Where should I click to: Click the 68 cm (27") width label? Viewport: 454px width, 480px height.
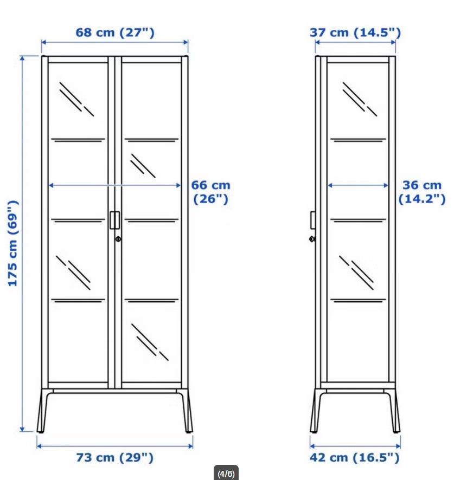115,33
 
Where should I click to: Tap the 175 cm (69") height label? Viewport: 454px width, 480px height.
13,243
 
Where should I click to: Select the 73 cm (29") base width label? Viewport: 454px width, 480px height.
114,458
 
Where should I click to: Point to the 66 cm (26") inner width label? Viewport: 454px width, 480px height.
210,192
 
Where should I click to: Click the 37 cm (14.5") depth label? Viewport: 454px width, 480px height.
355,33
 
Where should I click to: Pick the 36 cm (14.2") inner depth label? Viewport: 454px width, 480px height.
422,192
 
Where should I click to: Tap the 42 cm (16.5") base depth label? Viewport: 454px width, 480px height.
355,458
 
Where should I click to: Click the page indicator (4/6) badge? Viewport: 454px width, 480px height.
226,473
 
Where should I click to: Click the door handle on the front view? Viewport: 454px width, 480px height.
115,220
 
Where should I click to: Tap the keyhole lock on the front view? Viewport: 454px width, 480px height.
118,239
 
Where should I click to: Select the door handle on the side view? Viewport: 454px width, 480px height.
313,220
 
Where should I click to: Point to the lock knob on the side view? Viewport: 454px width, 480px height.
312,239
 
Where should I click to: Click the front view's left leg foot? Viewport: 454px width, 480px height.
40,431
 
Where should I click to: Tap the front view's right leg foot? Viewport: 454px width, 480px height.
189,431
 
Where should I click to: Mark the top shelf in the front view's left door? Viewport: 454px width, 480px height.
78,140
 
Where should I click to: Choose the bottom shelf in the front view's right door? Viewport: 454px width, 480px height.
151,301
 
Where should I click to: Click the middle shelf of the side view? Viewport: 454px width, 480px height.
358,220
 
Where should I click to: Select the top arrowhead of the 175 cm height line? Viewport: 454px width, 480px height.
22,58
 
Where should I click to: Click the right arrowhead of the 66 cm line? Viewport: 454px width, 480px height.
178,185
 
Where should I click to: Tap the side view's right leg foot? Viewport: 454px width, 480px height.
397,431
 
